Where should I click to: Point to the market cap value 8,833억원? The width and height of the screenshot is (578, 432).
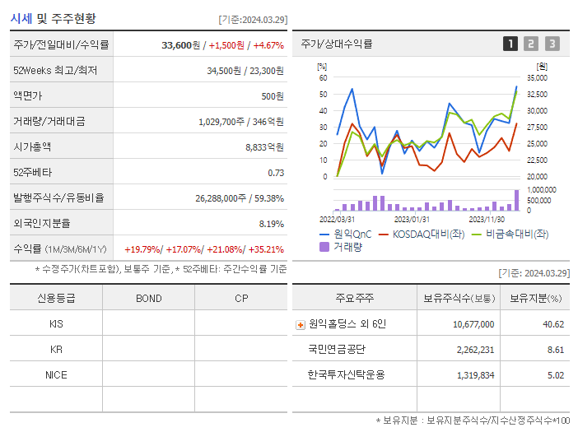[264, 147]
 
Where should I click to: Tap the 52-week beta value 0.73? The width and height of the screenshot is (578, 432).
[276, 173]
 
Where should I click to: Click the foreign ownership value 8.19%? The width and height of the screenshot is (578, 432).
[271, 224]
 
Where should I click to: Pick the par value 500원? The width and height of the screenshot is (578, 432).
[272, 96]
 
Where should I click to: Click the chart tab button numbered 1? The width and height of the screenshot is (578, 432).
[510, 44]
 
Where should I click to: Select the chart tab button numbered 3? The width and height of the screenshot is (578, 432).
[552, 44]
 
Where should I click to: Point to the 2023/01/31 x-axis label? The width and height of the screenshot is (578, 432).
[411, 219]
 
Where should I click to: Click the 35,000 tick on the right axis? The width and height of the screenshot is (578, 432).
[536, 78]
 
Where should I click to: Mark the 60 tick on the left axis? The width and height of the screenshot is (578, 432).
[324, 78]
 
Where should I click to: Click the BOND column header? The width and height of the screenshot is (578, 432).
[149, 298]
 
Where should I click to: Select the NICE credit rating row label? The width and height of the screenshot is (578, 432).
[56, 374]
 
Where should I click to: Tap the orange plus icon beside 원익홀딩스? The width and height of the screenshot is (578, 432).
[301, 324]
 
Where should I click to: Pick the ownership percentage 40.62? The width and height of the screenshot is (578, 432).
[553, 324]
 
